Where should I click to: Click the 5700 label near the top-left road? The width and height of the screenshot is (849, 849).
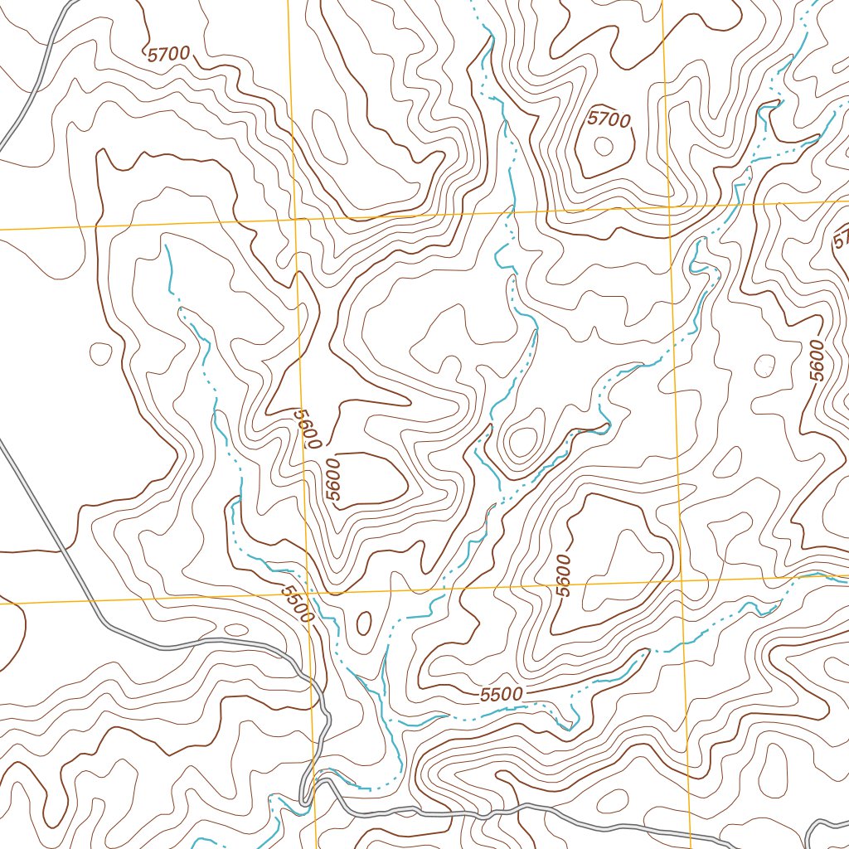click(x=169, y=55)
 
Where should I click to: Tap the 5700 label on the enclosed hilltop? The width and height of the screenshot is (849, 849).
click(x=609, y=119)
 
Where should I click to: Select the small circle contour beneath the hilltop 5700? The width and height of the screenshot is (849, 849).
click(x=604, y=146)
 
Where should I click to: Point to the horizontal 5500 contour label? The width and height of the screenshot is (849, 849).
click(x=501, y=694)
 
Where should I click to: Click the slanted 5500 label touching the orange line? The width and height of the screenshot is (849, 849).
click(x=296, y=604)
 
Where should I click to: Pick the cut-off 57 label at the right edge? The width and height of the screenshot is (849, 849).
click(x=841, y=240)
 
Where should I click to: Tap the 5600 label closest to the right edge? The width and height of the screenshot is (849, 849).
click(x=817, y=361)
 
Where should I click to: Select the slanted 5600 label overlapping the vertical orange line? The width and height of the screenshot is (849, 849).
click(x=305, y=428)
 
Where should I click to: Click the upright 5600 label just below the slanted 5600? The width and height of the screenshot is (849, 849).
click(x=333, y=480)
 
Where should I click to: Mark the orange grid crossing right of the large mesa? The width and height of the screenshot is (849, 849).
click(x=682, y=580)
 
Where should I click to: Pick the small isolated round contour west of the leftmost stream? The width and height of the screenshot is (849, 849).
click(x=100, y=354)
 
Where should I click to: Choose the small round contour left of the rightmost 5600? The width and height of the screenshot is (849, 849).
click(x=764, y=365)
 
